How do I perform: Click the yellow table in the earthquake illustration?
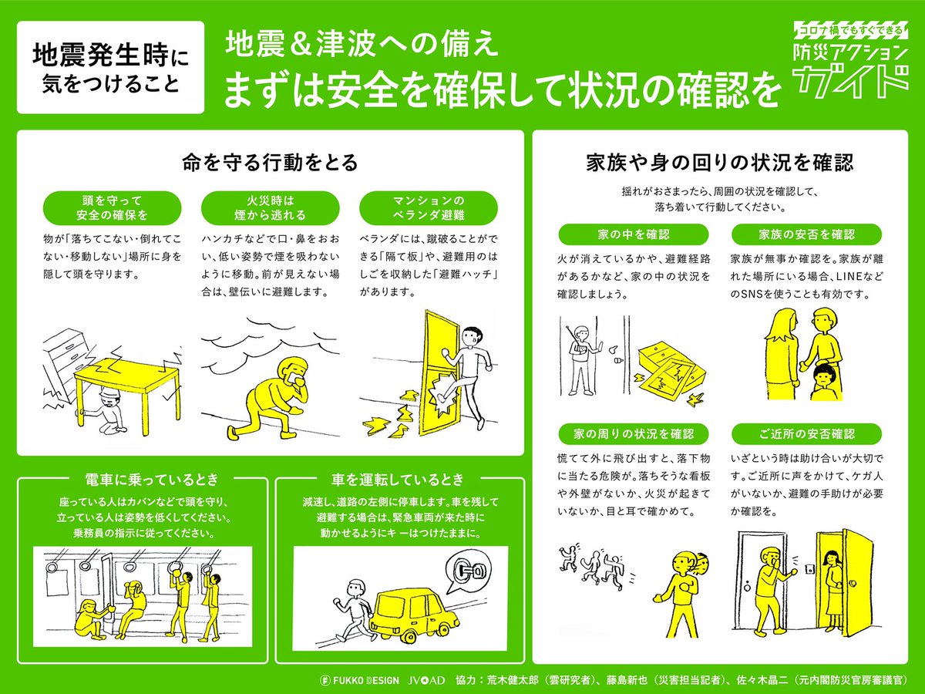[126, 382]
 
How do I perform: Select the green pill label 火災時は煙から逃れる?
[270, 207]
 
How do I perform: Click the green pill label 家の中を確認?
[634, 234]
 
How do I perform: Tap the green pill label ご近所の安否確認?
[806, 434]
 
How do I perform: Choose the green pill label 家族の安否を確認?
[806, 234]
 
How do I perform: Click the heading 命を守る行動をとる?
[270, 163]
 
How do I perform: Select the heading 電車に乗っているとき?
[152, 479]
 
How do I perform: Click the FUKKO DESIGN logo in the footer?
[359, 680]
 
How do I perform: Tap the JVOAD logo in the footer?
[426, 680]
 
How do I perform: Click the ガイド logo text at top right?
[850, 83]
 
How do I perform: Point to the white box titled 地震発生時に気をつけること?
[110, 67]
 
